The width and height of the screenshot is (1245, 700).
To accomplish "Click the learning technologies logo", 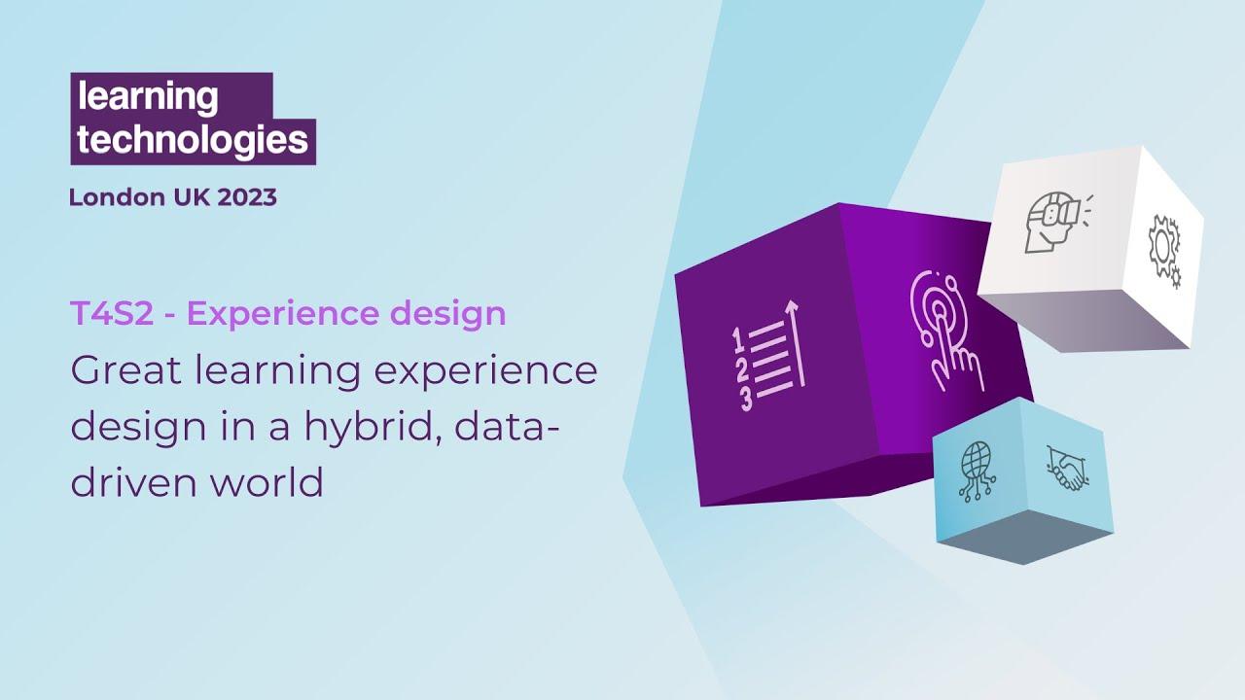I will tap(192, 118).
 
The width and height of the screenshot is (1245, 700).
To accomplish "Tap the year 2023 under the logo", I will tap(247, 197).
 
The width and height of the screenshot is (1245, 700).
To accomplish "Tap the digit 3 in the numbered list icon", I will tap(745, 399).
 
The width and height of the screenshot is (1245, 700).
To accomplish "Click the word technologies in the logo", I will tap(192, 140).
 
